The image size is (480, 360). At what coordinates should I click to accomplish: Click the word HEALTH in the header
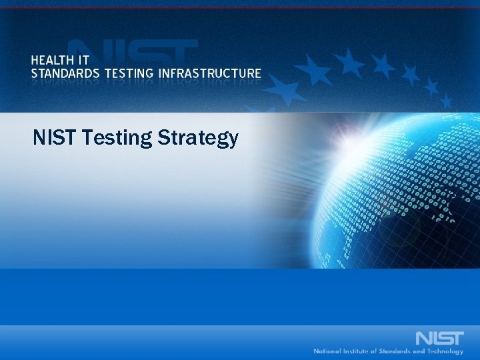pyautogui.click(x=55, y=59)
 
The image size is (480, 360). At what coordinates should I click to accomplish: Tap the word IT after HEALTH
pyautogui.click(x=89, y=59)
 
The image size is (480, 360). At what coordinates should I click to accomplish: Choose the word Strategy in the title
pyautogui.click(x=198, y=139)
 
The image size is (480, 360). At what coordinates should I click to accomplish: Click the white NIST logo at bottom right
pyautogui.click(x=439, y=337)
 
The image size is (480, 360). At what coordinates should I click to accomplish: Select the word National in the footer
pyautogui.click(x=328, y=351)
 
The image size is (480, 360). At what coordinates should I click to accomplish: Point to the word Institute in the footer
pyautogui.click(x=359, y=351)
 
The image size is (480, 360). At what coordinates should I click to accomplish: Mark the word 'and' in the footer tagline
pyautogui.click(x=422, y=351)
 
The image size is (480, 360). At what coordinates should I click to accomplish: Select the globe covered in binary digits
pyautogui.click(x=400, y=187)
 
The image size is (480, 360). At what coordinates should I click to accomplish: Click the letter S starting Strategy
pyautogui.click(x=163, y=138)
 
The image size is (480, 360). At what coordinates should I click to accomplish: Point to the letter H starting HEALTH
pyautogui.click(x=35, y=59)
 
